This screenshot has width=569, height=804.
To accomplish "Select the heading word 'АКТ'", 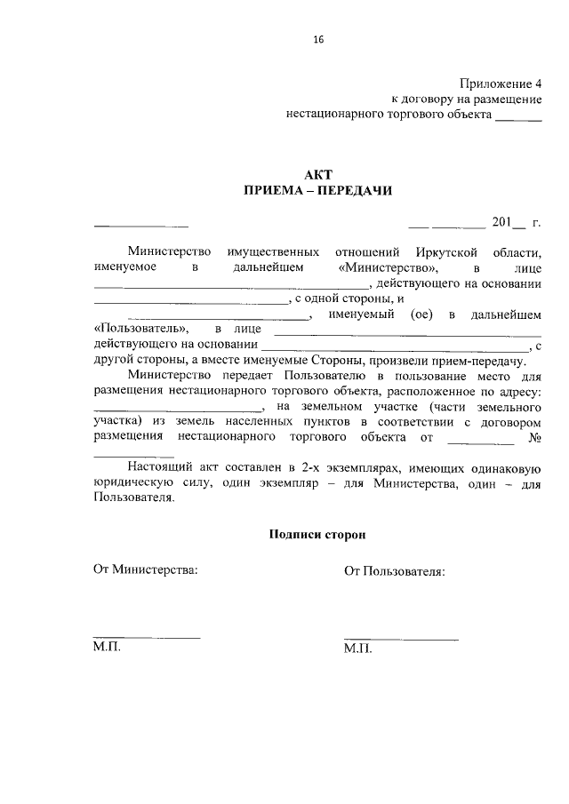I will [x=317, y=174].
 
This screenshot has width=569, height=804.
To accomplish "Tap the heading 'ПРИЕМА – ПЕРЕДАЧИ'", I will [x=317, y=190].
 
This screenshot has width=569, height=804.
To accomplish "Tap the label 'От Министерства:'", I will [x=146, y=569].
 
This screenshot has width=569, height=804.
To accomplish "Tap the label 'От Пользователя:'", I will [x=395, y=570].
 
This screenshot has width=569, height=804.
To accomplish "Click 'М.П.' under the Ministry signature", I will [x=107, y=648].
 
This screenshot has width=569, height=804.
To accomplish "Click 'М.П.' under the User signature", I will [x=357, y=649].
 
